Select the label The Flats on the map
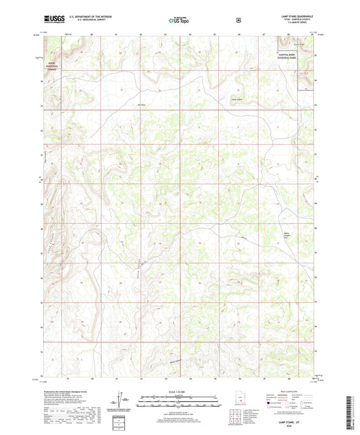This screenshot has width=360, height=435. pos(142,105)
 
